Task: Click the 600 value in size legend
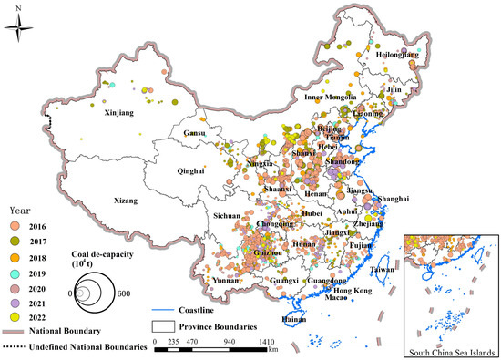point(122,293)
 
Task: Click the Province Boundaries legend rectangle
point(163,324)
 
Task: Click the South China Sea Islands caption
point(451,351)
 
